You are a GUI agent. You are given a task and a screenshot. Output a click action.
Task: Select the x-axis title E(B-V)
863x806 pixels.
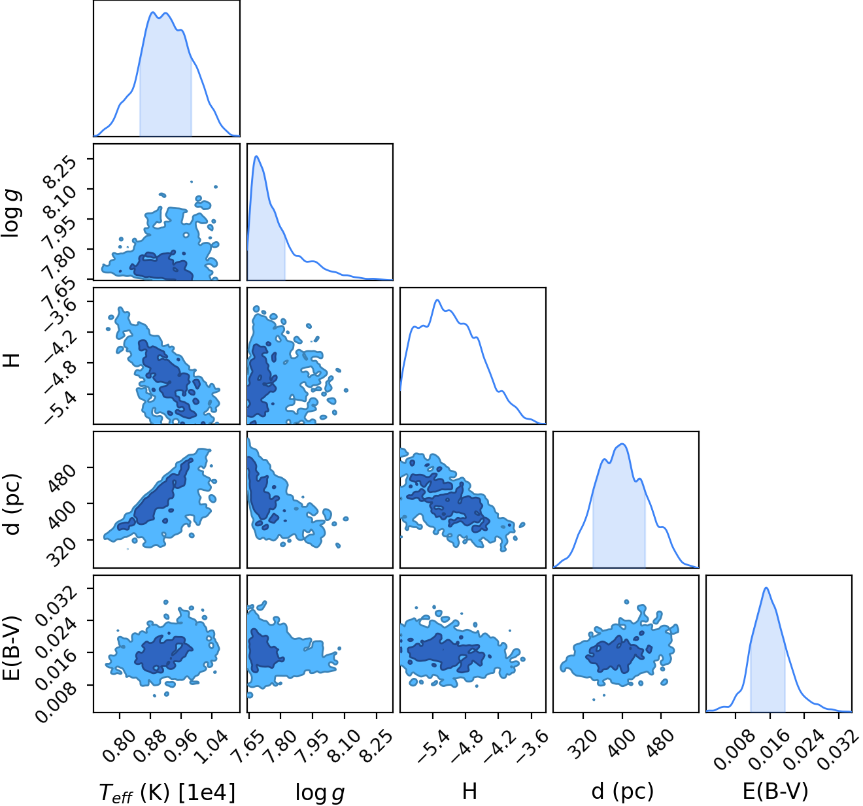(x=775, y=791)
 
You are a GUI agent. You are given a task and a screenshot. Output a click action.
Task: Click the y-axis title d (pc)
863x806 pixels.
(x=13, y=503)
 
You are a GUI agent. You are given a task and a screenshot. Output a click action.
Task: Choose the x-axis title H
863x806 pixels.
(x=469, y=791)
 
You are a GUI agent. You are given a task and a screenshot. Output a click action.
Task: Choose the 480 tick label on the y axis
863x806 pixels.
(x=63, y=478)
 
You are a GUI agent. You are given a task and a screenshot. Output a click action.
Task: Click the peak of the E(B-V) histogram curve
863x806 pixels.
(x=766, y=588)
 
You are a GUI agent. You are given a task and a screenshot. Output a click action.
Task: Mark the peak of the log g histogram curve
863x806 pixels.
(x=256, y=156)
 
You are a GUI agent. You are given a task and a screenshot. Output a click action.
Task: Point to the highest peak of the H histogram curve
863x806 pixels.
(x=437, y=300)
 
